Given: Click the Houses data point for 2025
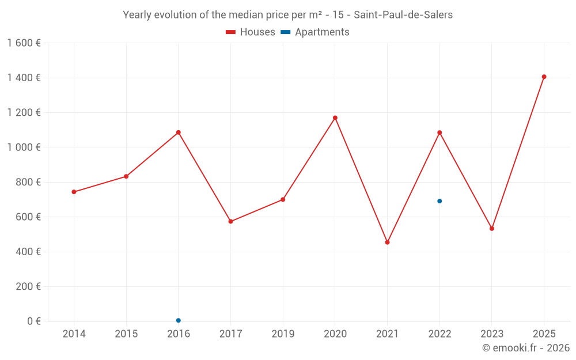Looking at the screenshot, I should coord(544,77).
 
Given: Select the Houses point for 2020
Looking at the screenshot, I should coord(335,118).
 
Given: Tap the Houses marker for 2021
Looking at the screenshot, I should coord(387,242).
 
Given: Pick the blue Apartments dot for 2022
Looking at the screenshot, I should coord(439,201).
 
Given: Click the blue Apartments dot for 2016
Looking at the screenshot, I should coord(179,320).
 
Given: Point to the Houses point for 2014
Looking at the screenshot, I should coord(74,192).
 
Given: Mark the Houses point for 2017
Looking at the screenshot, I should coord(230,221).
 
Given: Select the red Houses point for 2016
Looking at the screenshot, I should coord(179,132).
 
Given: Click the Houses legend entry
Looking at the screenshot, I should coord(251,32).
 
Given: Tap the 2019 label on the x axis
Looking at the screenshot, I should coord(283,334).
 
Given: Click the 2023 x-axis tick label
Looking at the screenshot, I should coord(491,334).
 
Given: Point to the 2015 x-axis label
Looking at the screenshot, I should coord(126,334).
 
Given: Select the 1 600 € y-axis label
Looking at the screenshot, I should coord(24,43).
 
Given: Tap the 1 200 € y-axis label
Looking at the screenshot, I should coord(24,113).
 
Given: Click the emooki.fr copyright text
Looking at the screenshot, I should coord(526,348).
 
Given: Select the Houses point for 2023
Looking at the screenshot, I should coord(492,229).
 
